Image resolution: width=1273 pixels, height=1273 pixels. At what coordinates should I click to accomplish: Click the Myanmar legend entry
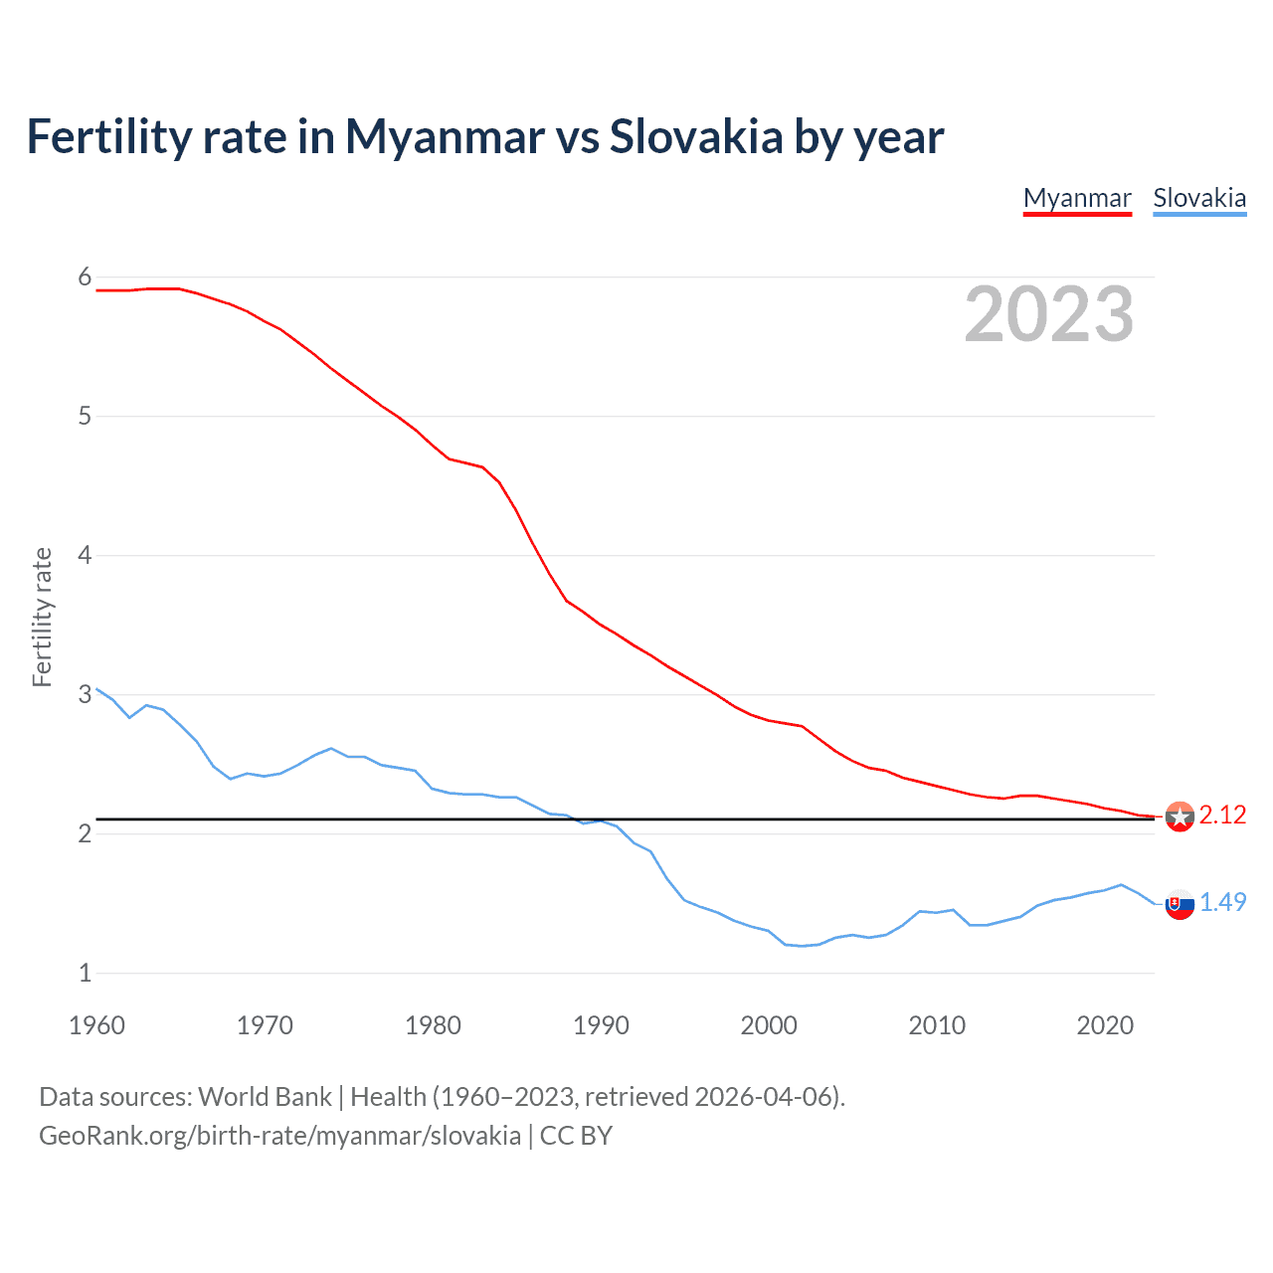coord(1077,198)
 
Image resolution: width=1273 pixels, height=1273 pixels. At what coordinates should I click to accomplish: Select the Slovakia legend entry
coord(1199,198)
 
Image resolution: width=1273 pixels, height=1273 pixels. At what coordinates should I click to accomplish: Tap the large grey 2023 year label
coord(1049,314)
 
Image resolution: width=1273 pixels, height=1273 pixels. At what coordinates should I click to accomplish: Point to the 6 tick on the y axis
coord(85,277)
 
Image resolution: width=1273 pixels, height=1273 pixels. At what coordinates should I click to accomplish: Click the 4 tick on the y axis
coord(85,555)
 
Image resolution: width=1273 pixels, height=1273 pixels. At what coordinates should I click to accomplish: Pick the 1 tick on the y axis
coord(85,973)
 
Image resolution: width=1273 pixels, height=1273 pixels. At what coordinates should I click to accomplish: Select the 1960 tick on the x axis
coord(96,1025)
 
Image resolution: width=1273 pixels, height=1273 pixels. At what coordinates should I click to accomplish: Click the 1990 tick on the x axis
coord(601,1025)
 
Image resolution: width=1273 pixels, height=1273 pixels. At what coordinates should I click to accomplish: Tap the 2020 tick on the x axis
coord(1105,1025)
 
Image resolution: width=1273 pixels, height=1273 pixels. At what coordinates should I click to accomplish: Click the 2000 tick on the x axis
coord(769,1025)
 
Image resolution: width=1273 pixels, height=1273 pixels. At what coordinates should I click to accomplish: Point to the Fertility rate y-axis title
coord(42,617)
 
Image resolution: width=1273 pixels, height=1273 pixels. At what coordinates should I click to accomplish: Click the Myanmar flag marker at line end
coord(1180,817)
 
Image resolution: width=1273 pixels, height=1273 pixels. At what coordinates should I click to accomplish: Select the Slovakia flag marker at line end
coord(1180,905)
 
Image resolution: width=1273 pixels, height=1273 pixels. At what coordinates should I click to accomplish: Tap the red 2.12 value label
coord(1222,816)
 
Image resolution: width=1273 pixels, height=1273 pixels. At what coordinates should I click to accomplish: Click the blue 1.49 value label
coord(1222,902)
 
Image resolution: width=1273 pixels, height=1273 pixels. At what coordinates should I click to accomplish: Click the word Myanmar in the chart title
coord(445,136)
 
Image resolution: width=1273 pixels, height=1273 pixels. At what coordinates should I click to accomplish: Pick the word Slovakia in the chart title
coord(696,136)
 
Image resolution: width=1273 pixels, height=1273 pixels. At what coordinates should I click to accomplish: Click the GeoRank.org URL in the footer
coord(279,1136)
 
